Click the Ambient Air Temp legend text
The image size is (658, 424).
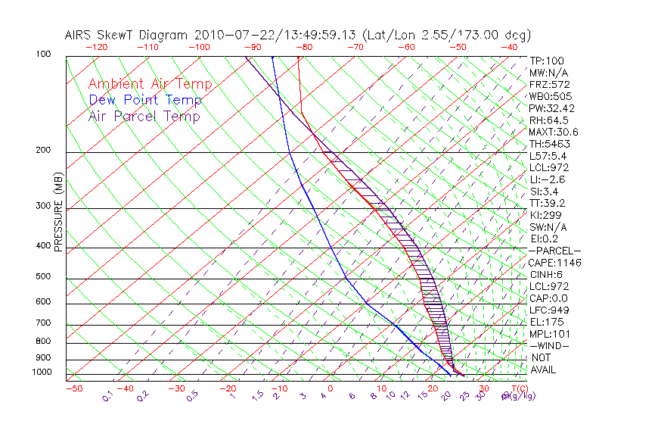[150, 84]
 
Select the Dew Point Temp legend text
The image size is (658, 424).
[144, 100]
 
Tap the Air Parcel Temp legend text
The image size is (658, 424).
[144, 116]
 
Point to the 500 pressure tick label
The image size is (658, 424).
[44, 276]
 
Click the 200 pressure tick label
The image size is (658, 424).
[44, 150]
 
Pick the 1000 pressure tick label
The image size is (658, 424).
[42, 372]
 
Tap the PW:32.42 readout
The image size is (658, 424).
[551, 108]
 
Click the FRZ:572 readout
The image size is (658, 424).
[549, 84]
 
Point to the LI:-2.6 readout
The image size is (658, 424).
[546, 179]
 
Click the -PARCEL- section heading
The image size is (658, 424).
[554, 251]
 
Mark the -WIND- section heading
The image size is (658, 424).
[549, 345]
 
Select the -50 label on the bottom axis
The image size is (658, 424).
[73, 388]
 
